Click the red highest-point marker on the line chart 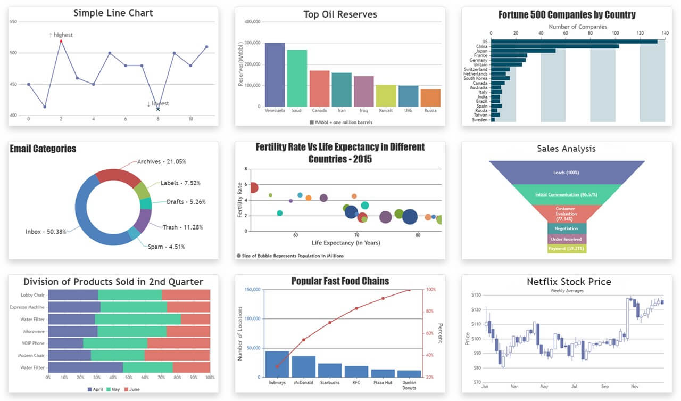coord(61,41)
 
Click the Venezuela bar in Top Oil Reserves coord(275,75)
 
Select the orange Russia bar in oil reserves coord(430,97)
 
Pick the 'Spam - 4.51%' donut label coord(166,247)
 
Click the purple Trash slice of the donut coord(143,220)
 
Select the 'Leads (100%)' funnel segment coord(566,173)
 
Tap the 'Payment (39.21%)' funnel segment coord(567,248)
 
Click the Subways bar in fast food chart coord(277,364)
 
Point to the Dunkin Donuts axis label coord(409,385)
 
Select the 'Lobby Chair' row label coord(33,295)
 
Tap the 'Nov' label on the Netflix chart coord(634,387)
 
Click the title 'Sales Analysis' coord(566,149)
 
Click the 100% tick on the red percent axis coord(431,290)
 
